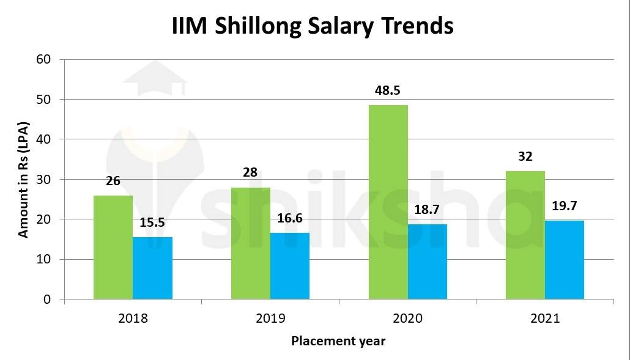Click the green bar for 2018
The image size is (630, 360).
click(x=113, y=248)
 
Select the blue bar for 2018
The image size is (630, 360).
click(x=152, y=268)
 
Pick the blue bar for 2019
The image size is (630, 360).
click(x=289, y=266)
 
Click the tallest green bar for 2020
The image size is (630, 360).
click(x=388, y=202)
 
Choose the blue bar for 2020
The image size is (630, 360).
click(x=427, y=262)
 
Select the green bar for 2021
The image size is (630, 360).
click(x=525, y=235)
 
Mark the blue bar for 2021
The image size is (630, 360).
click(x=564, y=260)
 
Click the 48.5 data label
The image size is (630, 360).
click(x=387, y=90)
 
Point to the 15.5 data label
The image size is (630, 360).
click(x=152, y=222)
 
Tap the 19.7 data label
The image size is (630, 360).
click(x=564, y=206)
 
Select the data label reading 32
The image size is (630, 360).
click(x=525, y=156)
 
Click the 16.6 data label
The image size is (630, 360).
click(x=289, y=218)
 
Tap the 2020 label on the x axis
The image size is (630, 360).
click(x=407, y=318)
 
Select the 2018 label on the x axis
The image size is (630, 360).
click(x=133, y=318)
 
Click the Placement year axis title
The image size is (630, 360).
click(x=338, y=341)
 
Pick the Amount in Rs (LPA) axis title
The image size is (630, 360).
click(x=23, y=179)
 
